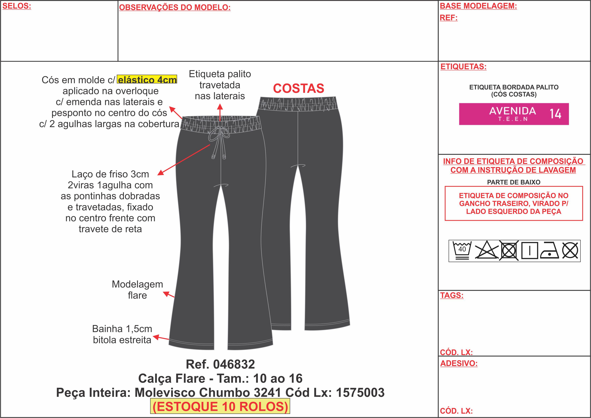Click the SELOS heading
[17, 6]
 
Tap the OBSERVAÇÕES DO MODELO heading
[175, 7]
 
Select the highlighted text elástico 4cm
[147, 80]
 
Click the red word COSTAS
[298, 89]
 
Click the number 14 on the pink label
[555, 114]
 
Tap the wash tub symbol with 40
[462, 250]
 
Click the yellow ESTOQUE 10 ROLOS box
[220, 406]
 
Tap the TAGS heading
[452, 295]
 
